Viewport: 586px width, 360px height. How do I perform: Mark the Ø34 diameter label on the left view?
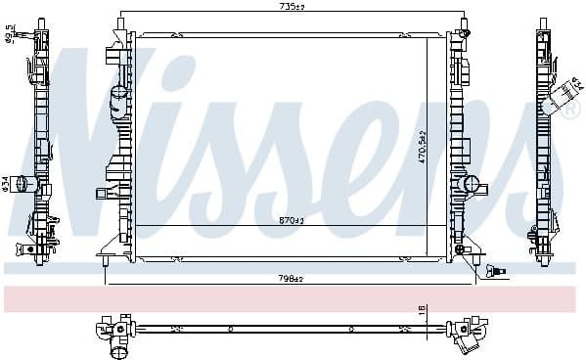(x=7, y=184)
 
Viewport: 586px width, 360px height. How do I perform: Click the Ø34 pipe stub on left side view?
(x=29, y=183)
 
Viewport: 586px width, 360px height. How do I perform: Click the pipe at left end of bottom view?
(x=119, y=346)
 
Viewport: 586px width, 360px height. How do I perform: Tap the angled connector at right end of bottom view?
(x=469, y=340)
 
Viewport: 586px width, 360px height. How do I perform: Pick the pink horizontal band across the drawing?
(x=293, y=298)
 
